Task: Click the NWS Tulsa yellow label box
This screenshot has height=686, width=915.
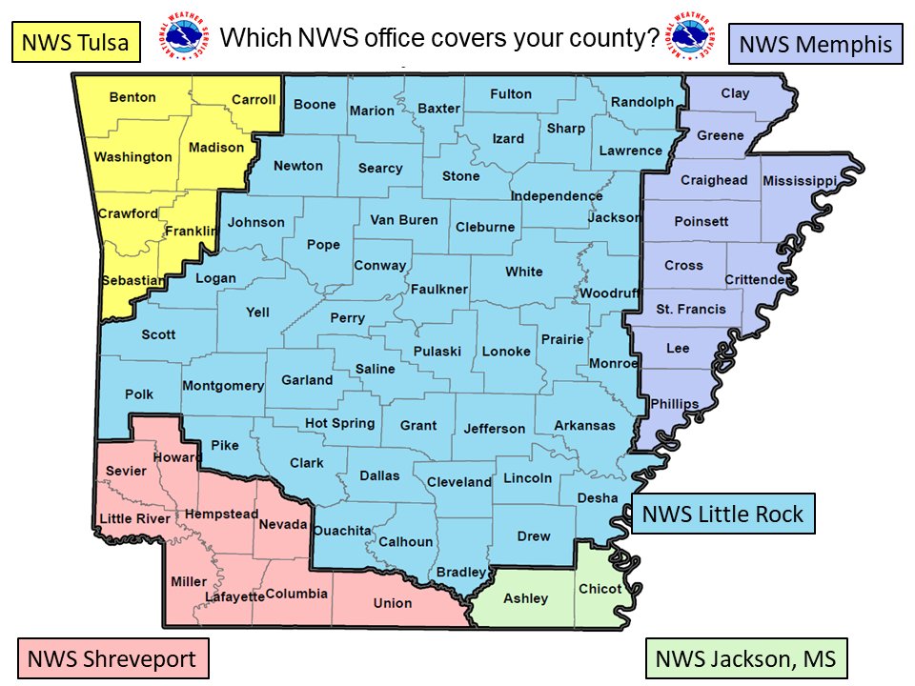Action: click(x=76, y=43)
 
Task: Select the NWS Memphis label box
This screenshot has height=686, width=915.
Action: click(x=816, y=44)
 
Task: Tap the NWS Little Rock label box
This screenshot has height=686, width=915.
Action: click(x=722, y=514)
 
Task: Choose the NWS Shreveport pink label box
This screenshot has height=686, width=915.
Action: click(x=112, y=658)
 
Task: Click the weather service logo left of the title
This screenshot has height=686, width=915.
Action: click(x=186, y=38)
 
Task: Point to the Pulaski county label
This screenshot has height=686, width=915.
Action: click(x=437, y=352)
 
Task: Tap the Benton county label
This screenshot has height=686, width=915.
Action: click(x=132, y=97)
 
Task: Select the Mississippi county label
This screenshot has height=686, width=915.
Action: click(x=799, y=180)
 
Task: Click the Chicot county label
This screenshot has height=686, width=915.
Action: click(x=600, y=589)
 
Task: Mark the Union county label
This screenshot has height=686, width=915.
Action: click(x=393, y=602)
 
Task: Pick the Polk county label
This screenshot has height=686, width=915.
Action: click(x=138, y=393)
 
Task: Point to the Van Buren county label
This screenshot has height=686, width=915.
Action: click(x=404, y=220)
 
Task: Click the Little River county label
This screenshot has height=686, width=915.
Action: click(x=134, y=518)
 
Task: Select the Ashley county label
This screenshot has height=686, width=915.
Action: click(x=525, y=597)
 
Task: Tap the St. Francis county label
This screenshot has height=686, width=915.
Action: click(x=691, y=309)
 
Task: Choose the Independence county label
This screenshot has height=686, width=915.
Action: click(x=557, y=196)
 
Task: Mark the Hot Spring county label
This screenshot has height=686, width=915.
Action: click(x=340, y=423)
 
